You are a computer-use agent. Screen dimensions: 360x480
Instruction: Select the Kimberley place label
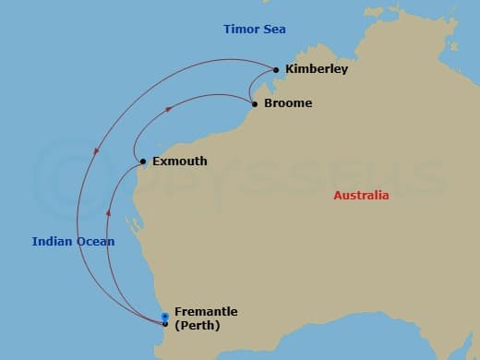[317, 69]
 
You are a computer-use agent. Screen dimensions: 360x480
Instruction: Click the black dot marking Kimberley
[276, 69]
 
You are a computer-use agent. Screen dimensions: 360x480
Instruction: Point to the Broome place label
[288, 103]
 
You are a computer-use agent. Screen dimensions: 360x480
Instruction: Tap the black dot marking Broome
[255, 103]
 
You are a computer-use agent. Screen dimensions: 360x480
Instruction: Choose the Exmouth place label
[179, 162]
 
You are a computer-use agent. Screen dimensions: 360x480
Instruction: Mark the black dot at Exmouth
[143, 162]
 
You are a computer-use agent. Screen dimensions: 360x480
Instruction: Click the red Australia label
[362, 196]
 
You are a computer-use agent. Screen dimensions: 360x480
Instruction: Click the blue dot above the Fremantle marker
[165, 317]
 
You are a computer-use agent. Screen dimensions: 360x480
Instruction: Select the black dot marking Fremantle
[165, 324]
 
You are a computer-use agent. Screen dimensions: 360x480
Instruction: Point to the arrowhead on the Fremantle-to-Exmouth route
[109, 212]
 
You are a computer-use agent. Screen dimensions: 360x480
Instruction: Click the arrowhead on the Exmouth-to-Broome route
[168, 108]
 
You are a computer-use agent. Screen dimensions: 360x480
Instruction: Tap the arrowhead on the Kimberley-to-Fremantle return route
[96, 154]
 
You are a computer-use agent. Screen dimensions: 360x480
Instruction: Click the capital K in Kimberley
[291, 69]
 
